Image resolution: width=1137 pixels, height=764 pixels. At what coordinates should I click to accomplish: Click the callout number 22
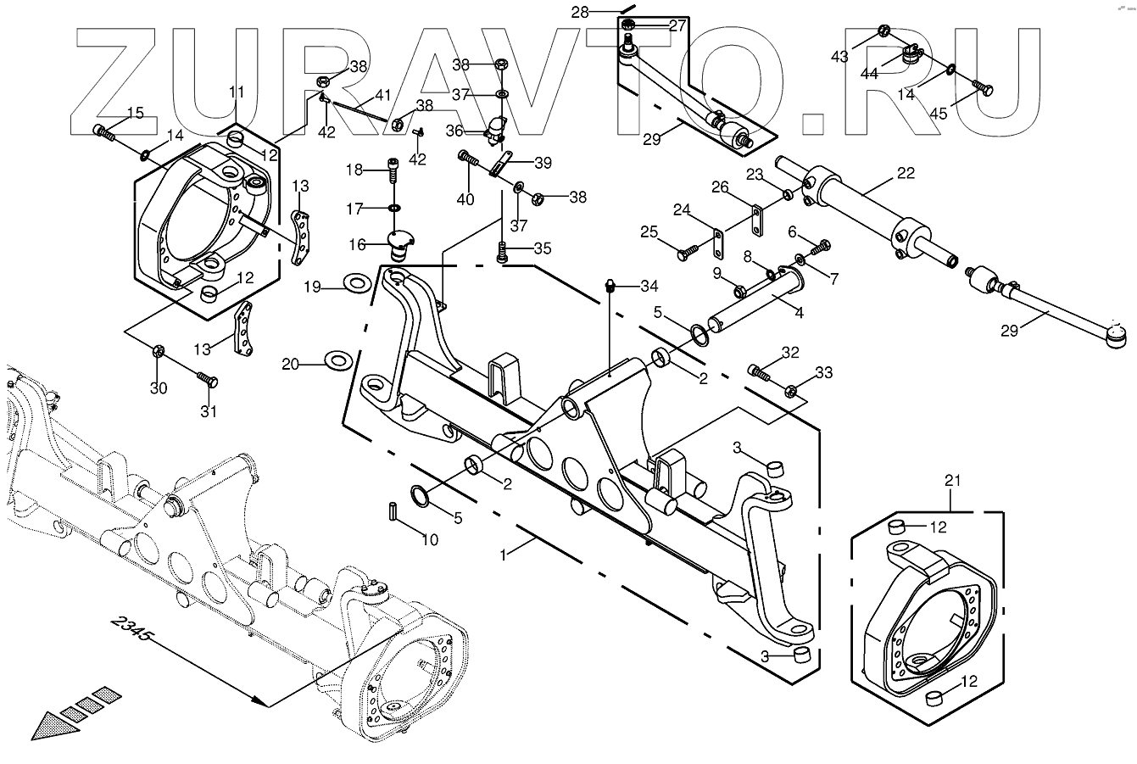(x=906, y=173)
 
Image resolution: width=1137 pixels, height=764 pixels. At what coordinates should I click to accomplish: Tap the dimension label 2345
(x=131, y=629)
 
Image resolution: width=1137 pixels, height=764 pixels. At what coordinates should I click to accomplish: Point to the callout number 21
(x=953, y=481)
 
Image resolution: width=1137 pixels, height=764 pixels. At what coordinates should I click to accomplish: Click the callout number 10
(x=430, y=540)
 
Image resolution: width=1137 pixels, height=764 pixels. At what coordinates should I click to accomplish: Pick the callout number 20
(x=291, y=364)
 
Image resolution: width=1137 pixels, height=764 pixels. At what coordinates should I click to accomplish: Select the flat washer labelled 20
(x=338, y=361)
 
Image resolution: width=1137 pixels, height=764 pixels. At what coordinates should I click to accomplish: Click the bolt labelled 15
(x=103, y=131)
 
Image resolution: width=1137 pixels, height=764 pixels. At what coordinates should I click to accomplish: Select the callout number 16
(x=357, y=244)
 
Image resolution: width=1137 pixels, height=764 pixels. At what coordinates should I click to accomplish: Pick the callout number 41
(x=382, y=96)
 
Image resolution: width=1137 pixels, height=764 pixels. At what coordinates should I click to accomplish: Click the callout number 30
(x=159, y=388)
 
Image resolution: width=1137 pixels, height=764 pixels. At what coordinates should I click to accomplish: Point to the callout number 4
(x=799, y=312)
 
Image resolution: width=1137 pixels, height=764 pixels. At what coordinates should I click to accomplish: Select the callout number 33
(x=824, y=371)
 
